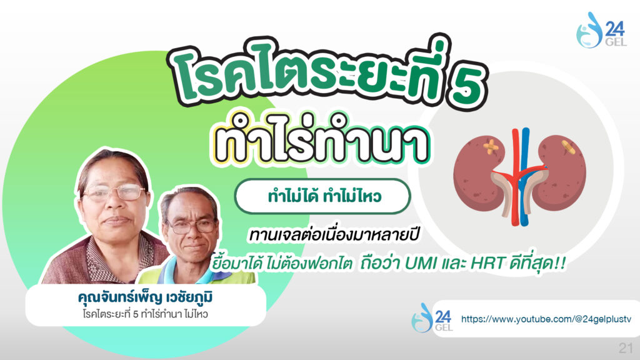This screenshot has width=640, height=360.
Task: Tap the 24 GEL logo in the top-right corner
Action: coord(601,30)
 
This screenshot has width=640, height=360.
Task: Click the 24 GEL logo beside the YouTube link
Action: coord(432,318)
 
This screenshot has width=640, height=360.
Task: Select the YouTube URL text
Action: coord(546,319)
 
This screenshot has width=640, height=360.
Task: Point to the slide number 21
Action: coord(626,347)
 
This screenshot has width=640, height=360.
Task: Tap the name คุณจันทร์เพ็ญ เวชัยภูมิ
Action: coord(145,297)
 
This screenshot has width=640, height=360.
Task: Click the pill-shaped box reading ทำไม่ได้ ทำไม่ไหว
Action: coord(322,196)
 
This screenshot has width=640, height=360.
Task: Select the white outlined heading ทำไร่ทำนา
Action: coord(321,139)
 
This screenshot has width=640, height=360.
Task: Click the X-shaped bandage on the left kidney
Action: coord(491,146)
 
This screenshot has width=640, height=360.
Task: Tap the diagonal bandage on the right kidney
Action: coord(567,146)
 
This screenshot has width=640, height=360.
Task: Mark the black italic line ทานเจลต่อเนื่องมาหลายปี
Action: coord(334,236)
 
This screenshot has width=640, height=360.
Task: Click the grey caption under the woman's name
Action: coord(145,314)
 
